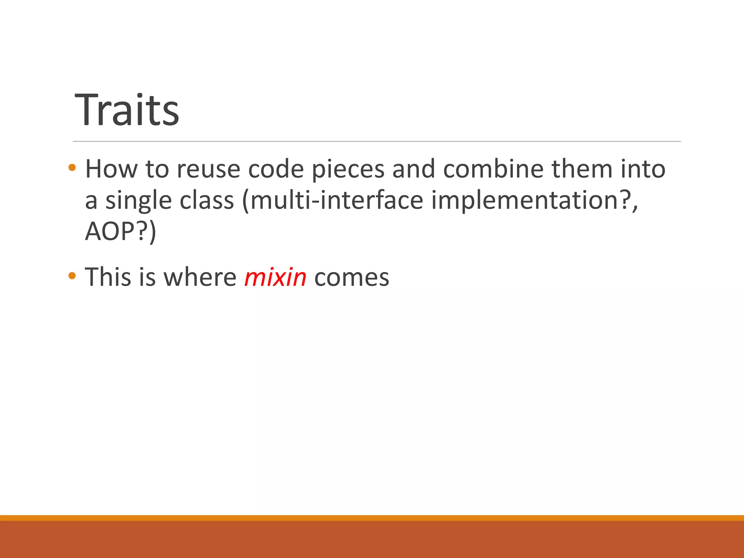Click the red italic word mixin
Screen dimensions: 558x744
275,278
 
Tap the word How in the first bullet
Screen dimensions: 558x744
111,169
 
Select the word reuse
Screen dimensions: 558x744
208,170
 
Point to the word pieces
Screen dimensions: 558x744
348,170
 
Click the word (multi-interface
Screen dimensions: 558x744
332,200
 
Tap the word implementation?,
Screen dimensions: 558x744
534,200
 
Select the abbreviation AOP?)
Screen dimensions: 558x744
120,232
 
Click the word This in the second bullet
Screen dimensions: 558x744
108,278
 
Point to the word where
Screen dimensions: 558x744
200,278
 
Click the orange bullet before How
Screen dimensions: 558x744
72,168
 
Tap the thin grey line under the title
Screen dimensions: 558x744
376,141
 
